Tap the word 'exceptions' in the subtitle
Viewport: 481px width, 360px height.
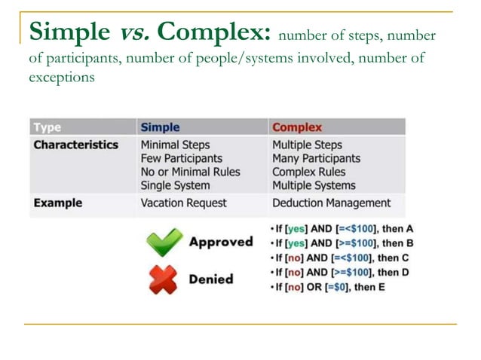(x=61, y=78)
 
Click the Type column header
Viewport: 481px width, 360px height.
(x=47, y=127)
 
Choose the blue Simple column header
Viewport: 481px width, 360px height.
(x=160, y=127)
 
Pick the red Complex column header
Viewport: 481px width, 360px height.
(x=296, y=127)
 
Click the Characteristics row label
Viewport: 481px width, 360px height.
(x=75, y=145)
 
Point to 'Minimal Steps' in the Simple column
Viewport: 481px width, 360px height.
(x=175, y=145)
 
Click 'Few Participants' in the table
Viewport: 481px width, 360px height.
(x=181, y=158)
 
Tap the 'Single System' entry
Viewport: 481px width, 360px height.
(x=175, y=185)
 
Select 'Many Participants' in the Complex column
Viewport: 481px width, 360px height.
(x=316, y=158)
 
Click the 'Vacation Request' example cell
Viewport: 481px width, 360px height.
(x=185, y=203)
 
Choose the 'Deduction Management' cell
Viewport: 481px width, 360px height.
(x=331, y=203)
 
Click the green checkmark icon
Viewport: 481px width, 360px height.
(x=164, y=243)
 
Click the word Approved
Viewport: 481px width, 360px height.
(x=220, y=242)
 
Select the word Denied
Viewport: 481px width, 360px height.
(x=210, y=279)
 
